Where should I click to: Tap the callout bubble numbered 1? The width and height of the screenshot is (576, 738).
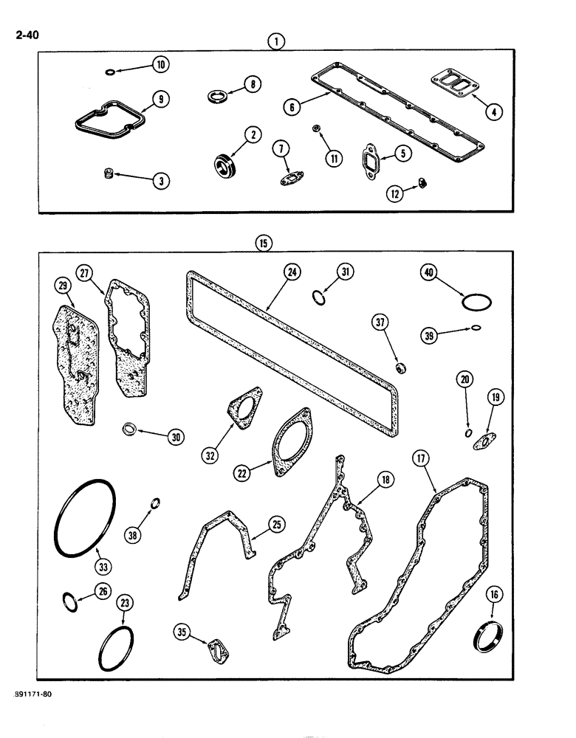[x=275, y=42]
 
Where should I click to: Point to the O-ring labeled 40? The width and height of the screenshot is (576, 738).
[x=476, y=302]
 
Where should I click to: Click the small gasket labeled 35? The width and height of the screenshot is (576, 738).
[x=220, y=645]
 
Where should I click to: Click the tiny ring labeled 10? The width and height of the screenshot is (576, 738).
[x=109, y=72]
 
